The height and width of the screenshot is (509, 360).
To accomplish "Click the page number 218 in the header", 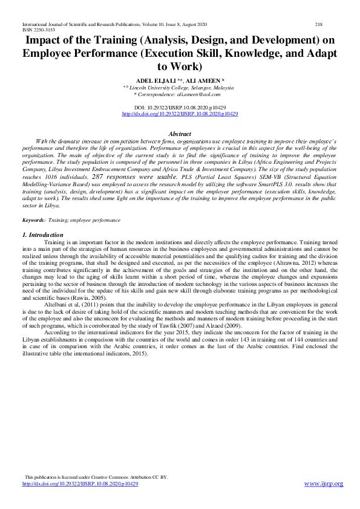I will tap(319, 24).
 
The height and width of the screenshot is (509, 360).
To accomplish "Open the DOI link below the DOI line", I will tap(180, 114).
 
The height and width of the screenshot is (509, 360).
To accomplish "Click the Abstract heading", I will tap(180, 134).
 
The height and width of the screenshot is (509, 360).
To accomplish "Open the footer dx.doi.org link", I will tap(80, 484).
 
